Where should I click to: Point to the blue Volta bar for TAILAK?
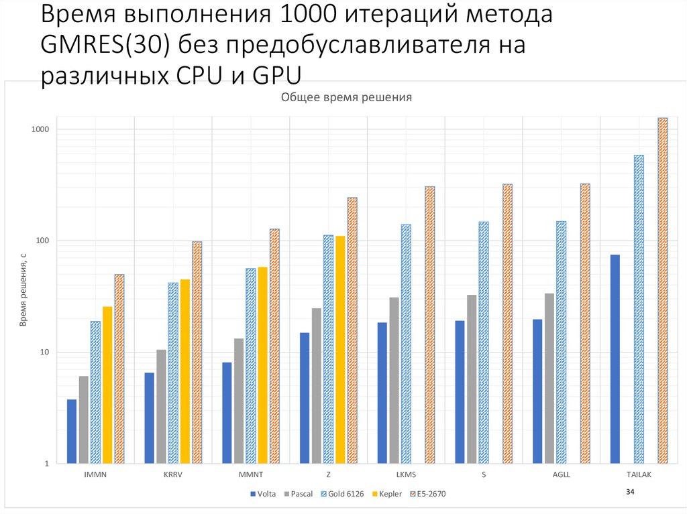tap(615, 359)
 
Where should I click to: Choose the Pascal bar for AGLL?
tap(549, 378)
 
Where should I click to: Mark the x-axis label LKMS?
tap(406, 474)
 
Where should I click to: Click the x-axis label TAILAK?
tap(639, 474)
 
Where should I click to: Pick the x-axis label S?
tap(484, 474)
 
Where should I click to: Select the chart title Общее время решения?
tap(346, 98)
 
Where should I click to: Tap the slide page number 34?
tap(630, 493)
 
